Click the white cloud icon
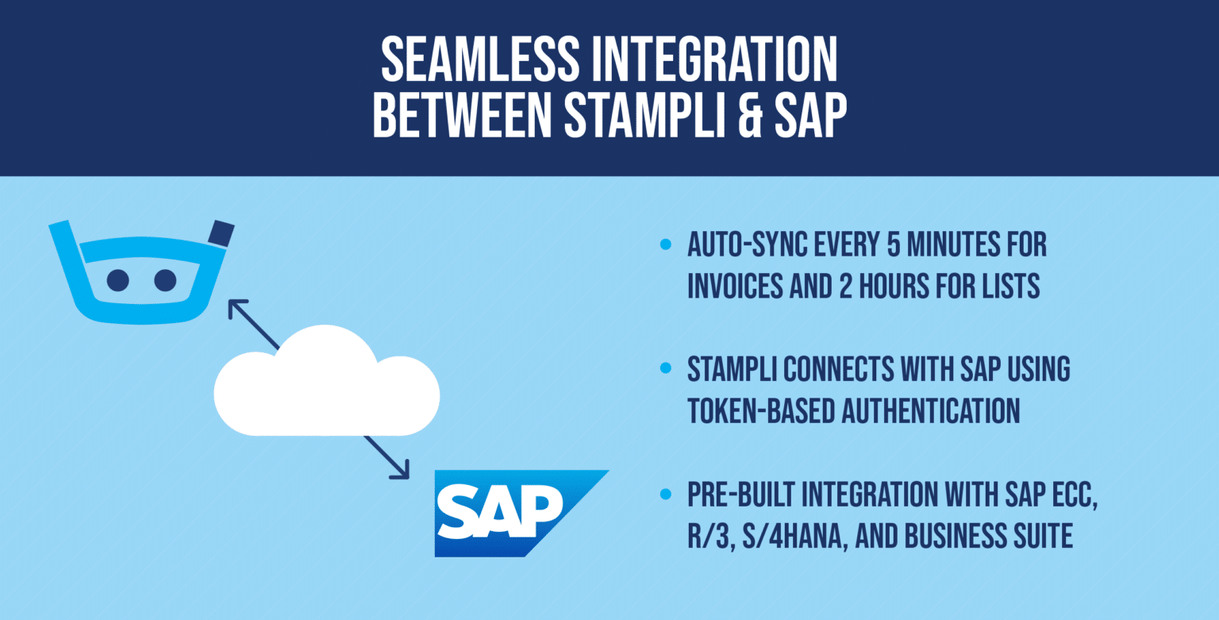click(x=326, y=383)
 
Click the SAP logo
click(x=508, y=512)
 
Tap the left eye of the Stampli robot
click(x=118, y=279)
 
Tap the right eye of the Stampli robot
click(x=165, y=279)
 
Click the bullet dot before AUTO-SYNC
click(x=665, y=245)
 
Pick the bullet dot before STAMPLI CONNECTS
click(x=665, y=370)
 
